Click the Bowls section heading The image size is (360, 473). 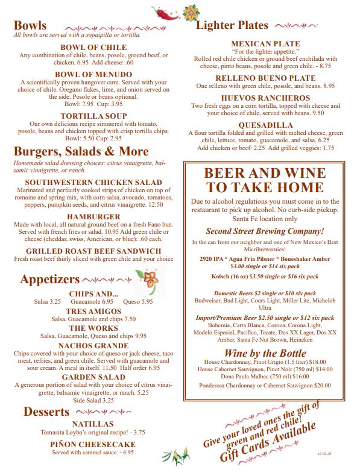click(30, 25)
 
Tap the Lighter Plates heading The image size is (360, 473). click(232, 25)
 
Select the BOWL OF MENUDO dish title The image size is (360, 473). click(89, 74)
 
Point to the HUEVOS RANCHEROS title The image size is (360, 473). click(265, 98)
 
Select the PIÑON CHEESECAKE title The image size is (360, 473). click(92, 444)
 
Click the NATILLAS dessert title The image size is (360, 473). click(92, 424)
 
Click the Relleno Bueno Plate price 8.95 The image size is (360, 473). click(328, 86)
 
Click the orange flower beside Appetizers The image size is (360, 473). click(147, 278)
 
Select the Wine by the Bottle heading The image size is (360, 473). click(265, 352)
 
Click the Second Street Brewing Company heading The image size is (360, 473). click(265, 231)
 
